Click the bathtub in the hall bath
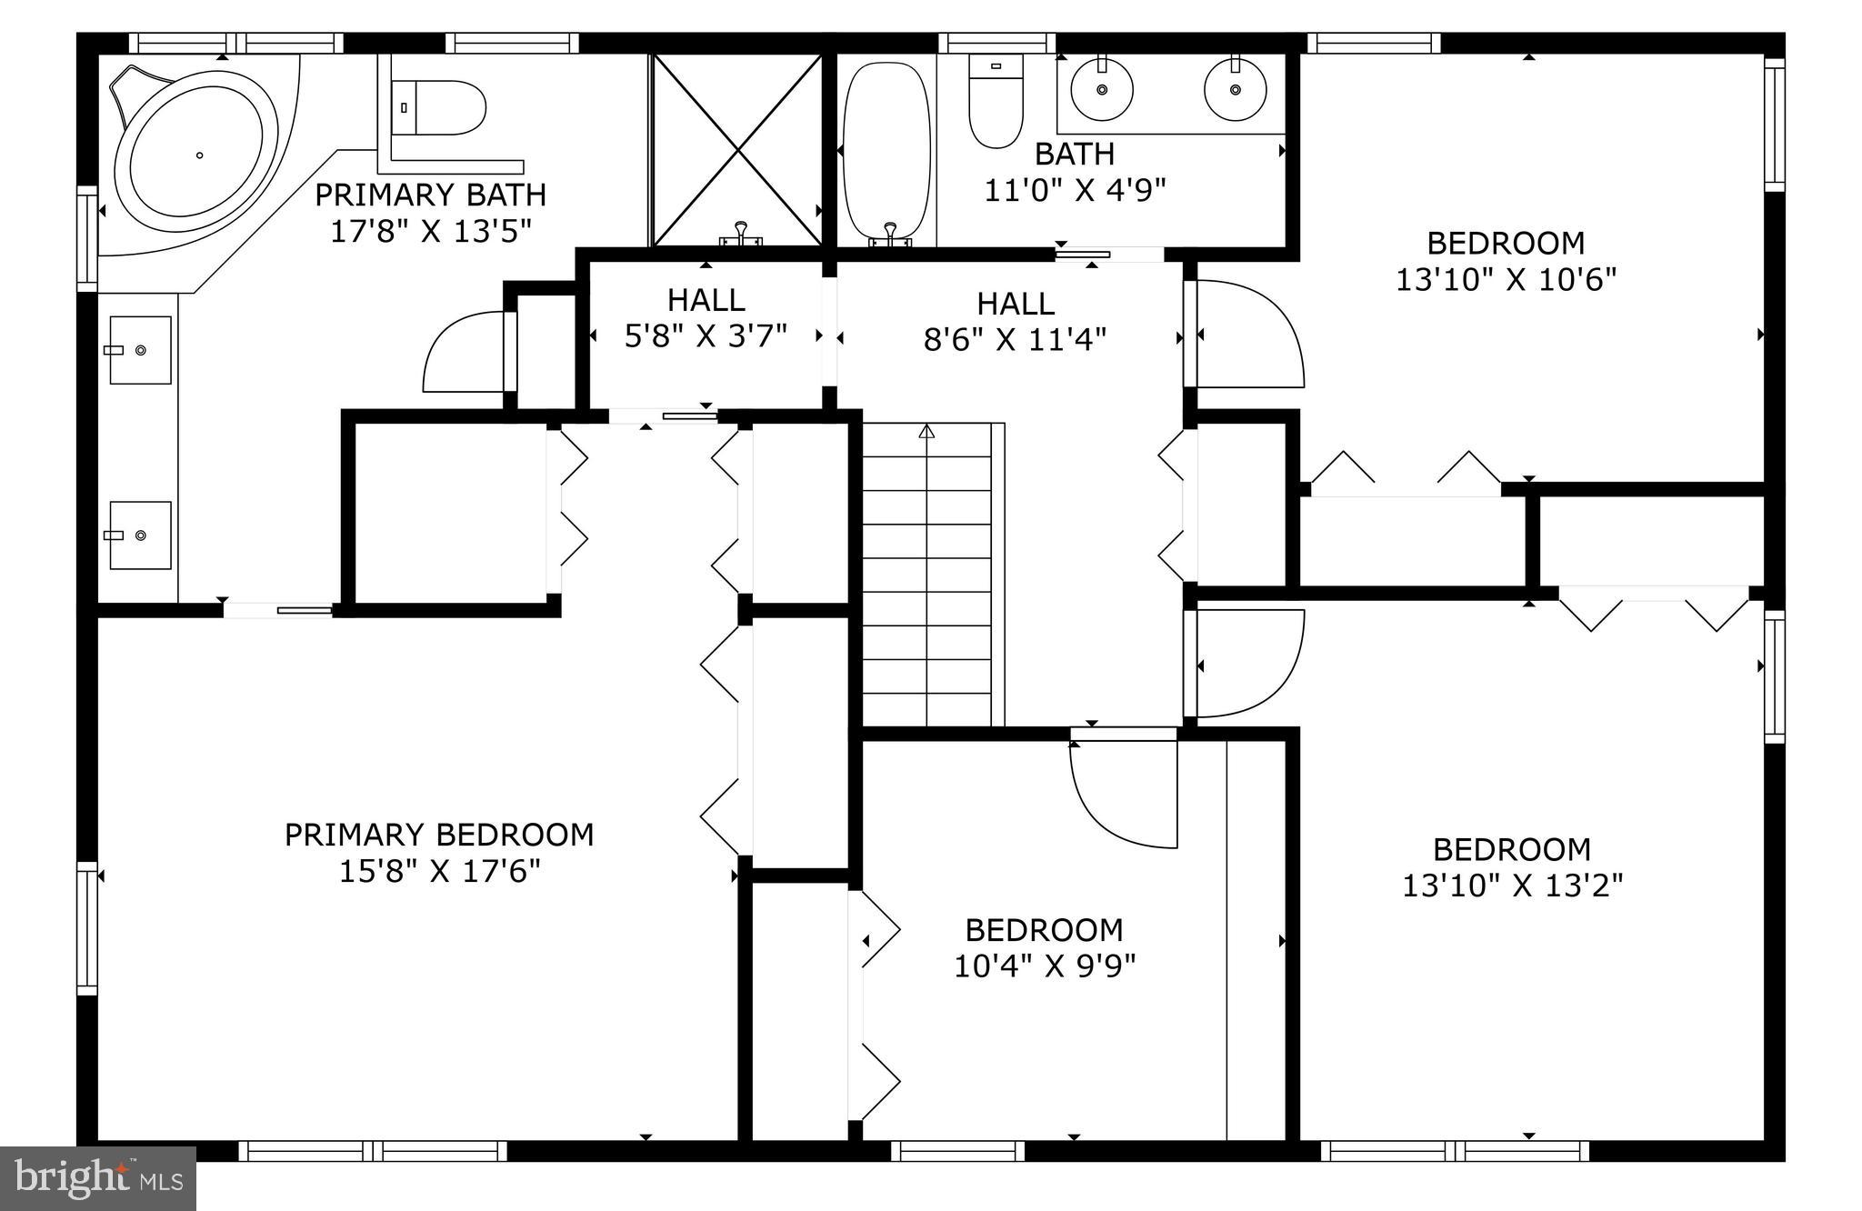pyautogui.click(x=886, y=150)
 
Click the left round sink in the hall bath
pyautogui.click(x=1102, y=90)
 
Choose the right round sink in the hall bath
pyautogui.click(x=1236, y=90)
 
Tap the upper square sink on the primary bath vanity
pyautogui.click(x=140, y=350)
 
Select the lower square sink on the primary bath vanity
pyautogui.click(x=140, y=535)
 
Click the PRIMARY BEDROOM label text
pyautogui.click(x=439, y=835)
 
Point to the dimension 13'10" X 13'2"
pyautogui.click(x=1512, y=886)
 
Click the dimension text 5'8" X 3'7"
pyautogui.click(x=706, y=336)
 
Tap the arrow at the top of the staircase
pyautogui.click(x=926, y=432)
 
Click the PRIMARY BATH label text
pyautogui.click(x=430, y=195)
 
